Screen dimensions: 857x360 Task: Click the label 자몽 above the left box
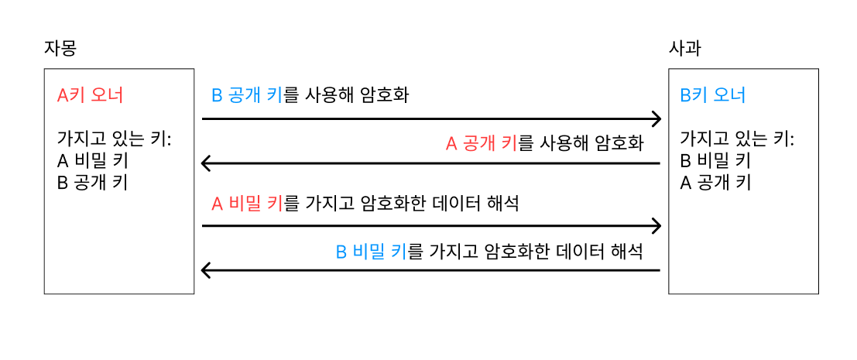point(60,48)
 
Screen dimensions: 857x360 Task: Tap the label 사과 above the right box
point(684,48)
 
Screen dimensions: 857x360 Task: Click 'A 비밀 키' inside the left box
point(93,161)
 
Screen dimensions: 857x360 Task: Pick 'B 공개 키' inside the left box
point(93,183)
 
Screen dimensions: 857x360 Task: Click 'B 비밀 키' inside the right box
point(715,161)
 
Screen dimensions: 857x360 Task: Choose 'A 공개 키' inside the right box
point(715,183)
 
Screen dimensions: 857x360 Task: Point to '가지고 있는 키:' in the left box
point(114,139)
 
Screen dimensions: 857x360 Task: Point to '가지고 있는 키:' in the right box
point(736,139)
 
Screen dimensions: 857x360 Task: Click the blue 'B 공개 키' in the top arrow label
point(248,96)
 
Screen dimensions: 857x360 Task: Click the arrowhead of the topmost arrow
point(656,119)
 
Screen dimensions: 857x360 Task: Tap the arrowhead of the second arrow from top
point(206,163)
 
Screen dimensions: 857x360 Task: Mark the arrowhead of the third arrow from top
point(656,226)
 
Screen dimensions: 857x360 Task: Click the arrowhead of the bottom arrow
point(206,270)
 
